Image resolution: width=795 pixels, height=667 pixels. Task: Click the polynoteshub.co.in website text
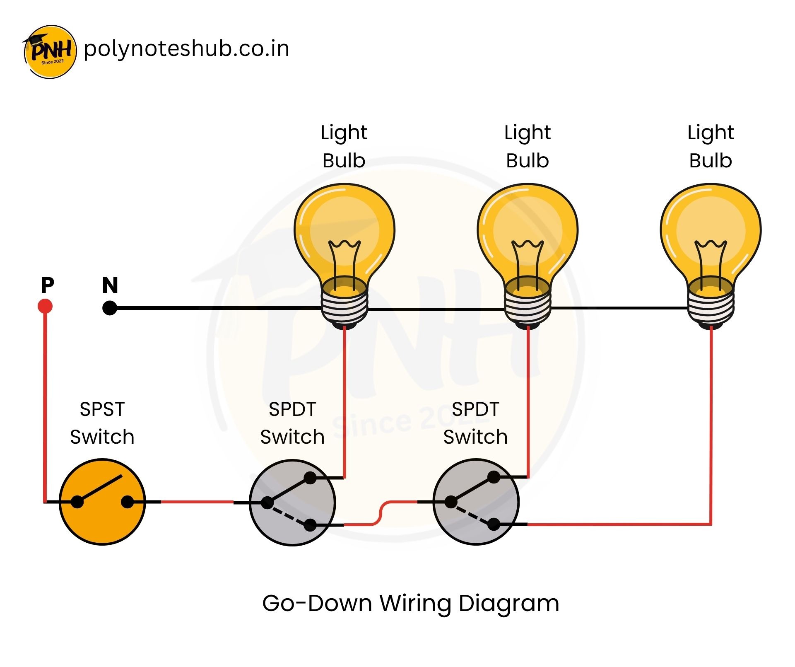pyautogui.click(x=186, y=49)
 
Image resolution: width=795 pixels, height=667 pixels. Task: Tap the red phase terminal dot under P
pyautogui.click(x=45, y=307)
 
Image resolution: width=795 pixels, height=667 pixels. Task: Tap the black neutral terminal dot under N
pyautogui.click(x=110, y=308)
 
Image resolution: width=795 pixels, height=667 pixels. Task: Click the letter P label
pyautogui.click(x=47, y=285)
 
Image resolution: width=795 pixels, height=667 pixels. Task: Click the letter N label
pyautogui.click(x=110, y=285)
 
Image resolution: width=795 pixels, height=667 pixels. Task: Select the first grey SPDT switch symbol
pyautogui.click(x=292, y=502)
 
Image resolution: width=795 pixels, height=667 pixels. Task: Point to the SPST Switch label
pyautogui.click(x=102, y=423)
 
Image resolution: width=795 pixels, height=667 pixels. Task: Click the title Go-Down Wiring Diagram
pyautogui.click(x=411, y=603)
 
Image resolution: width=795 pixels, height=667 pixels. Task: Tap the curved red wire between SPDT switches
pyautogui.click(x=381, y=514)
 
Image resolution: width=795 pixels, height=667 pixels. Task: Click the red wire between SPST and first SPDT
pyautogui.click(x=197, y=502)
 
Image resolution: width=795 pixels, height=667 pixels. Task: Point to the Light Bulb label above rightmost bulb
pyautogui.click(x=711, y=146)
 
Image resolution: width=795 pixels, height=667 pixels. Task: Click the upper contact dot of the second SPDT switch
pyautogui.click(x=494, y=477)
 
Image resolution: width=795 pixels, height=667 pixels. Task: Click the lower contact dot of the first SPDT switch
pyautogui.click(x=310, y=525)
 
